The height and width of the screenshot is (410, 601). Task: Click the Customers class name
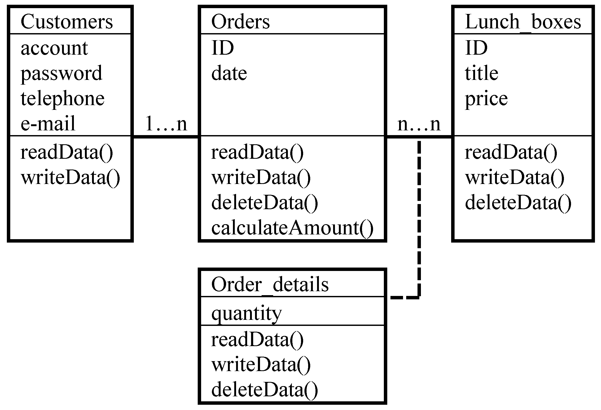click(x=67, y=22)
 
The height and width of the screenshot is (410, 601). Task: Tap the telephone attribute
click(x=63, y=99)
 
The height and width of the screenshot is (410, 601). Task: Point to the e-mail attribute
click(x=48, y=124)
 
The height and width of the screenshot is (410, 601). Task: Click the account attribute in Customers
click(x=54, y=48)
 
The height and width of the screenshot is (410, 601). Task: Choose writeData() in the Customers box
click(x=70, y=178)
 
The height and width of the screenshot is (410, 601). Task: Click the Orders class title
click(x=240, y=22)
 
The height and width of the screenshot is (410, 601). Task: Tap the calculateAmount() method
click(x=292, y=228)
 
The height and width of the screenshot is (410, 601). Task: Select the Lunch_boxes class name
click(x=523, y=22)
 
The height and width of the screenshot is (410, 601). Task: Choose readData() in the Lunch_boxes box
click(x=511, y=152)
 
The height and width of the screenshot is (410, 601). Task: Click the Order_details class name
click(x=270, y=285)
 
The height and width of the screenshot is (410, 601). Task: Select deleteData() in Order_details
click(x=264, y=389)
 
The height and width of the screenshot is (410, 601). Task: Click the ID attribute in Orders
click(x=222, y=48)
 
